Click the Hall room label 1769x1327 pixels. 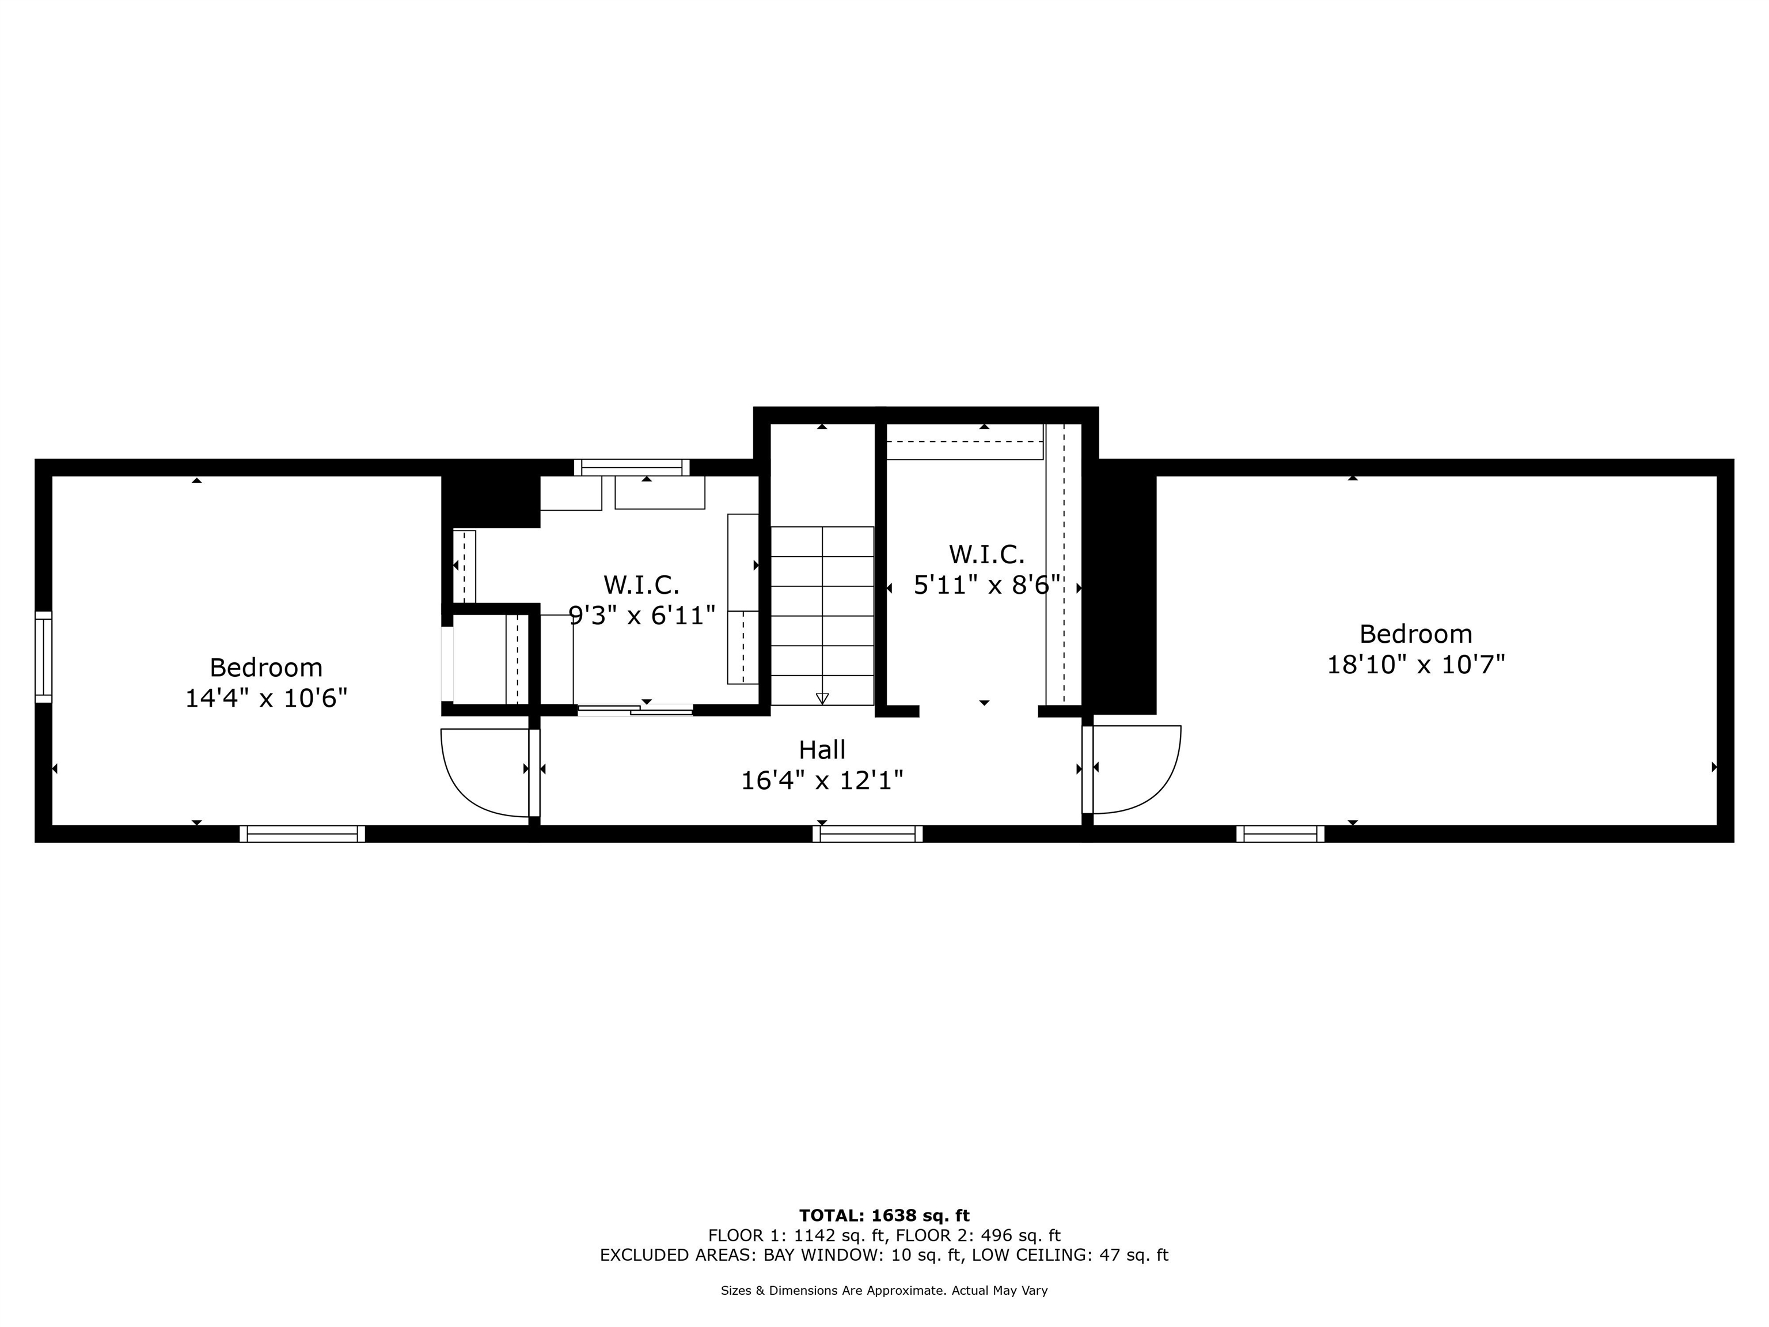pyautogui.click(x=822, y=749)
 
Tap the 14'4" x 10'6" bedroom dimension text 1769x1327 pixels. pyautogui.click(x=266, y=698)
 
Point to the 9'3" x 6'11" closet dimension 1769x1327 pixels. pyautogui.click(x=641, y=616)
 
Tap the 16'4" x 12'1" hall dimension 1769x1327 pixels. pyautogui.click(x=822, y=780)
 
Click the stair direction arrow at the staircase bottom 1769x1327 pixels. pyautogui.click(x=822, y=697)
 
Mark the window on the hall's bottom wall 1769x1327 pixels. pyautogui.click(x=868, y=833)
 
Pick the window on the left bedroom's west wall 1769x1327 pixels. pyautogui.click(x=43, y=657)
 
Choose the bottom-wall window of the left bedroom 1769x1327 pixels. pyautogui.click(x=302, y=833)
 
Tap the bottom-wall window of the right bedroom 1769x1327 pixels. pyautogui.click(x=1280, y=833)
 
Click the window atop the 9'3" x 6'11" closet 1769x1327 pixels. pyautogui.click(x=632, y=467)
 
